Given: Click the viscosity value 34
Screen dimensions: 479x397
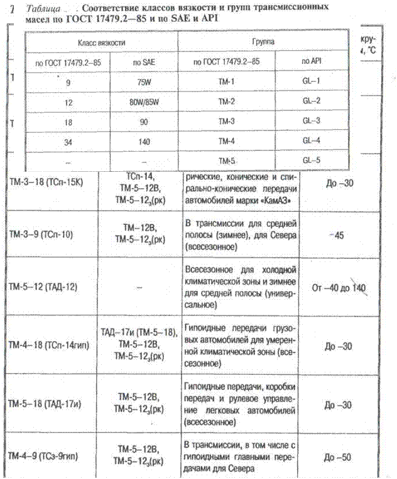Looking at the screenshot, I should (68, 142).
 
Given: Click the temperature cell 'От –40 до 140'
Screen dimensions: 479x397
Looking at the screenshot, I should (339, 288).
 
